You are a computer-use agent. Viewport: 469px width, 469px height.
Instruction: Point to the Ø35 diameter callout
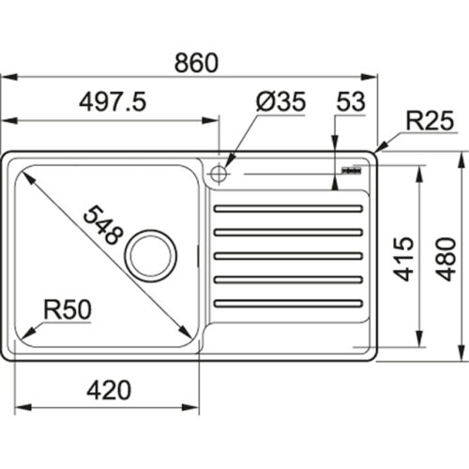pyautogui.click(x=279, y=103)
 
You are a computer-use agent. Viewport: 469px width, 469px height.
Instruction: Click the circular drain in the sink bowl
pyautogui.click(x=151, y=252)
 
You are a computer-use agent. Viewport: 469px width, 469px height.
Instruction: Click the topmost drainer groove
pyautogui.click(x=288, y=209)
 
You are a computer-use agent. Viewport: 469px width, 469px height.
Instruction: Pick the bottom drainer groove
pyautogui.click(x=288, y=302)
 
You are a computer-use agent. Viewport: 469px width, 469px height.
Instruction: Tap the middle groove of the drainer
pyautogui.click(x=288, y=255)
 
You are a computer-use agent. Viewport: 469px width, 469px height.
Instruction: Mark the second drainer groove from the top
pyautogui.click(x=288, y=232)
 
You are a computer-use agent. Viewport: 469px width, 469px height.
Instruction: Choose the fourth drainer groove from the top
pyautogui.click(x=288, y=279)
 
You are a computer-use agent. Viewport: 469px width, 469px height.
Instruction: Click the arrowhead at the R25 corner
pyautogui.click(x=377, y=151)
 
